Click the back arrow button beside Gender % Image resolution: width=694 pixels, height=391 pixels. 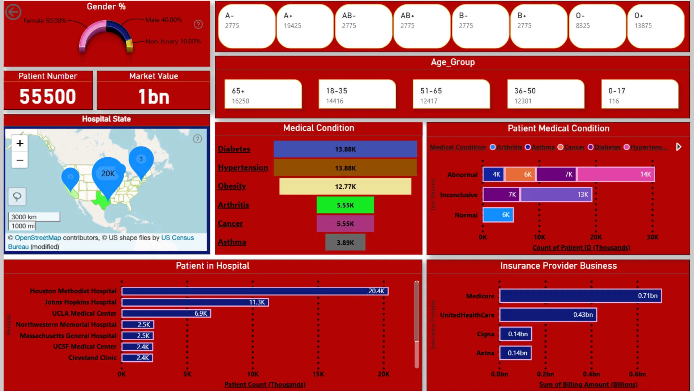[13, 12]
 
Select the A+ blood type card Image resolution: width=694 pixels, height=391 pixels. [305, 26]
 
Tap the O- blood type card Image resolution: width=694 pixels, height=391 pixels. [597, 26]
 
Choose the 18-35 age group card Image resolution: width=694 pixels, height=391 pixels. [357, 94]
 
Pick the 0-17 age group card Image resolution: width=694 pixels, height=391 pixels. [639, 94]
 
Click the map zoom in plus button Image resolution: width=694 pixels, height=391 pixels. [20, 143]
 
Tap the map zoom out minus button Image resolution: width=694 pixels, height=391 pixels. [20, 160]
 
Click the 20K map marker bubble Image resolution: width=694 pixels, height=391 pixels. [108, 174]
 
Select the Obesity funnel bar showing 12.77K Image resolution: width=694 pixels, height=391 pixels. [345, 186]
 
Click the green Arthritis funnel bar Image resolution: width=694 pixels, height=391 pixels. [345, 205]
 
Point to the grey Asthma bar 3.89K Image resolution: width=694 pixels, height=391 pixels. [345, 242]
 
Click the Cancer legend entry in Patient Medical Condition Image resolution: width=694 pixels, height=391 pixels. [574, 147]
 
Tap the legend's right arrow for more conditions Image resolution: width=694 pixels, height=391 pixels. [678, 147]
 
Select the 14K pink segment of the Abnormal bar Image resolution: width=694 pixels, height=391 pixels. [616, 175]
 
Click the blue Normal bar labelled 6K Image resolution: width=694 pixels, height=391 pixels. [498, 215]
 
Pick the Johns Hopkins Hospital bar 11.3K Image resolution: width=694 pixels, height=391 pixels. [195, 302]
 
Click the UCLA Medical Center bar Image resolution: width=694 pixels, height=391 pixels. [166, 314]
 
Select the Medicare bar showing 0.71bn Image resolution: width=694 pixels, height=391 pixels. [580, 296]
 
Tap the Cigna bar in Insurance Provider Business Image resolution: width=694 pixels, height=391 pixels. [515, 334]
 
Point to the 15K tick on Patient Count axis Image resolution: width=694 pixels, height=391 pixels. [318, 374]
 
